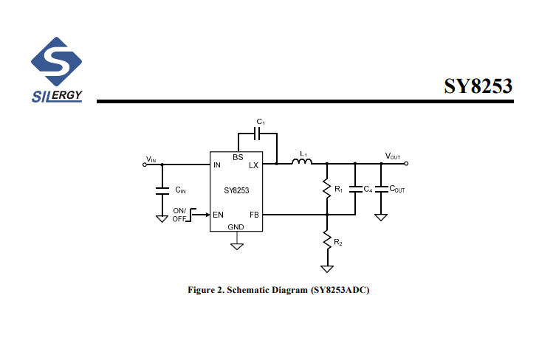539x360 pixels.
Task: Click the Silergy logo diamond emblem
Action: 56,61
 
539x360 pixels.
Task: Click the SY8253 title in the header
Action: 478,86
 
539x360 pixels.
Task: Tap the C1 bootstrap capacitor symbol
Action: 257,134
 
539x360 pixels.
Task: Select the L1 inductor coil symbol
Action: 302,162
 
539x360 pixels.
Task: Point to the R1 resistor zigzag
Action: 327,189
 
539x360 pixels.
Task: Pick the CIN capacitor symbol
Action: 162,191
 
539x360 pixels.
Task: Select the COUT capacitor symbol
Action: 381,189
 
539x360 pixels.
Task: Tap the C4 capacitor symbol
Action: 355,189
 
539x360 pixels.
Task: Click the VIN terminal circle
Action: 145,165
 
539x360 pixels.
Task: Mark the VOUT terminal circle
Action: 406,164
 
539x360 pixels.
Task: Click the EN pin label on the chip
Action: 218,215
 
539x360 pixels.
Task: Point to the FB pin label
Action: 254,215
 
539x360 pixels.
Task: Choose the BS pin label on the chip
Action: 238,157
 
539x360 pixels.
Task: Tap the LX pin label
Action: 253,165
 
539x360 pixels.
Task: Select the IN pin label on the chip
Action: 216,165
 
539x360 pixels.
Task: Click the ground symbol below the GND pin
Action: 237,246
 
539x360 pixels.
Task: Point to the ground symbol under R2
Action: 327,269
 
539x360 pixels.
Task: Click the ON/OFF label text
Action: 179,215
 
